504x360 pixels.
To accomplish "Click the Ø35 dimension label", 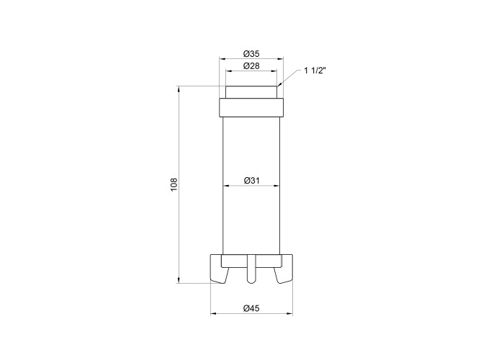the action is [251, 53].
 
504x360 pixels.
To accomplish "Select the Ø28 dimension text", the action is [251, 66].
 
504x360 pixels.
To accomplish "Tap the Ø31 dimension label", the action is [252, 181].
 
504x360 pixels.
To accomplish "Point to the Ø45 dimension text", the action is [251, 309].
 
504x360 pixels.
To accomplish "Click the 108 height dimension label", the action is [174, 184].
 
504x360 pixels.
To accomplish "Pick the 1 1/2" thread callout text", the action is [315, 71].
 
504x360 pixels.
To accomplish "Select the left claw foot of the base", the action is [219, 269].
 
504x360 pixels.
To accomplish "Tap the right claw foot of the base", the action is [284, 269].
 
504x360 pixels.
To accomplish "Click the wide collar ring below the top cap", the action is [251, 108].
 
